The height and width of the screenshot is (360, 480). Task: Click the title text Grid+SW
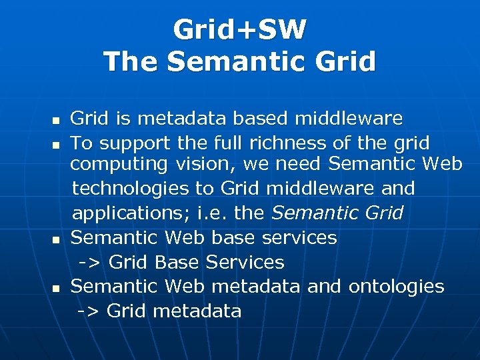click(239, 29)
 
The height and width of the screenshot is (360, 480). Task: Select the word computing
click(120, 164)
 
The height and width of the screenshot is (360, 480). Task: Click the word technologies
click(130, 189)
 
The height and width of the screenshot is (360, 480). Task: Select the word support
click(134, 144)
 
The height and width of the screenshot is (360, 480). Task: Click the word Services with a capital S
click(245, 263)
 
